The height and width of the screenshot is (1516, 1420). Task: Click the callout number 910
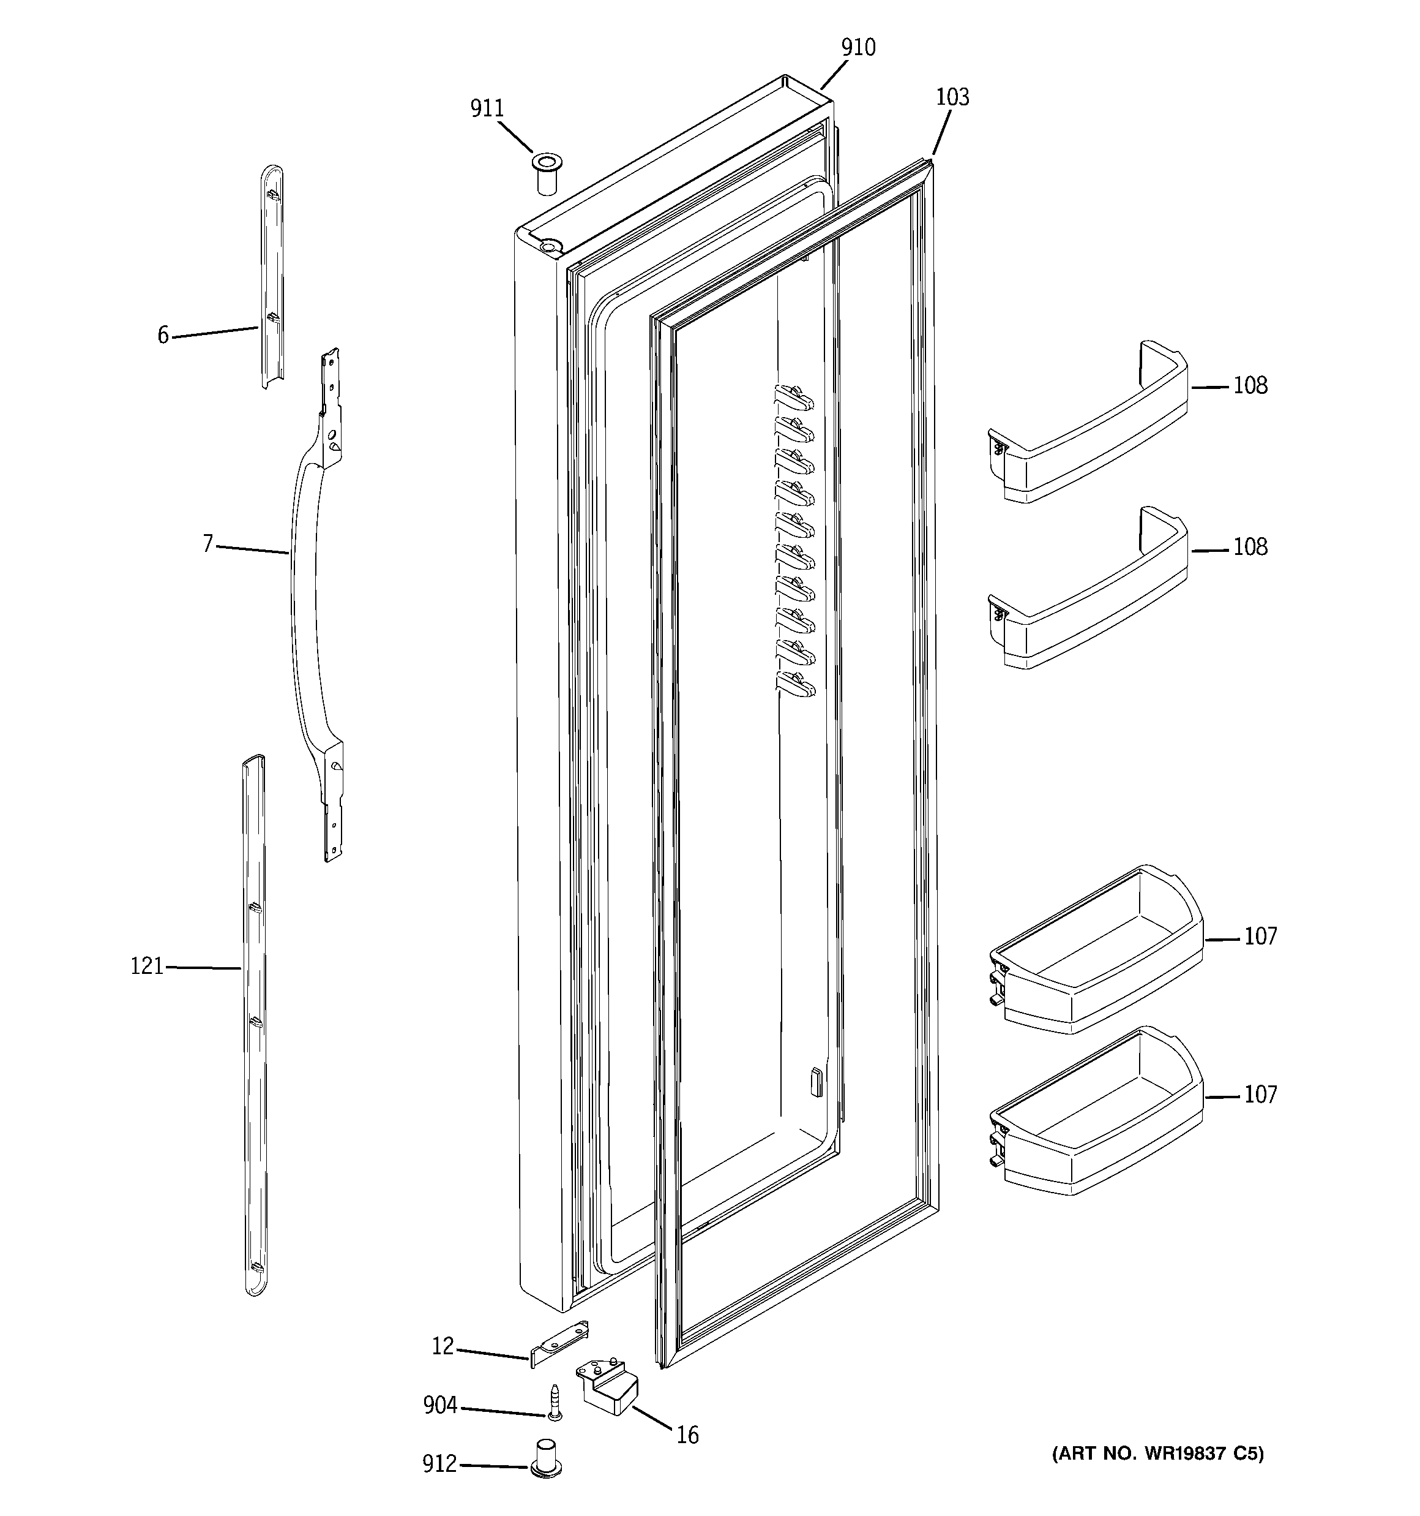pyautogui.click(x=858, y=48)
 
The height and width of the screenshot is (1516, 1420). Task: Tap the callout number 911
pyautogui.click(x=487, y=109)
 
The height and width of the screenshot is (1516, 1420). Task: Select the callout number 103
pyautogui.click(x=952, y=97)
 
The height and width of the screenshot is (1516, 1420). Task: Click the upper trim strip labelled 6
pyautogui.click(x=273, y=274)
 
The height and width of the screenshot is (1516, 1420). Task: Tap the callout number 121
pyautogui.click(x=147, y=967)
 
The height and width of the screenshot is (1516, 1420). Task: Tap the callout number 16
pyautogui.click(x=687, y=1436)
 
